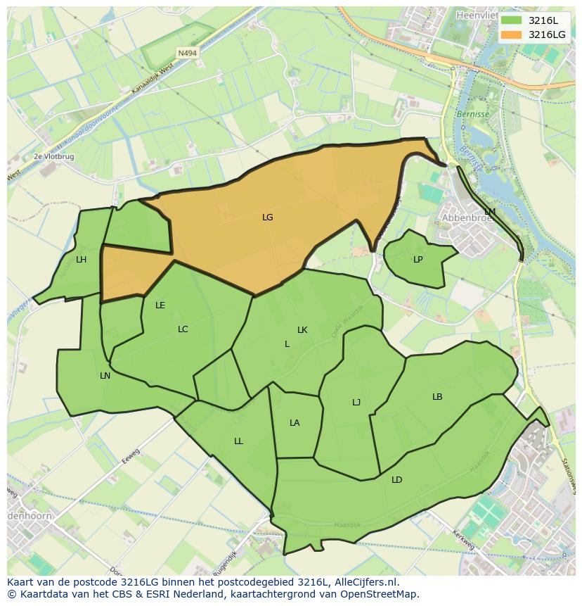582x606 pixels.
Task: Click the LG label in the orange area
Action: (x=267, y=217)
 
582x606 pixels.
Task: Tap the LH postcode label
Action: (x=82, y=260)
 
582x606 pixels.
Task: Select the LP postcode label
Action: (x=418, y=260)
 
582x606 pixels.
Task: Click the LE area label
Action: (x=160, y=305)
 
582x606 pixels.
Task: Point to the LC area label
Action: (x=183, y=329)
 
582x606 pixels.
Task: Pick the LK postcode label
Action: (x=302, y=330)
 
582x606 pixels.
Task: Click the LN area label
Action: (x=105, y=376)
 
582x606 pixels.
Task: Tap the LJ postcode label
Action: (x=356, y=403)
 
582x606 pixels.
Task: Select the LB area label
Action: (x=437, y=397)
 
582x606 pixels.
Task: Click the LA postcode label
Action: (x=295, y=423)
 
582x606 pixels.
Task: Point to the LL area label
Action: (x=238, y=441)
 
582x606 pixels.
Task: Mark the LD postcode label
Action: (x=397, y=480)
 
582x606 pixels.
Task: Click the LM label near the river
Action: (x=490, y=212)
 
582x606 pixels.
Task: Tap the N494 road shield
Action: (x=187, y=53)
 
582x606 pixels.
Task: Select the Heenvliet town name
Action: (x=476, y=14)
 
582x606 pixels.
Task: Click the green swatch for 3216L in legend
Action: (x=512, y=20)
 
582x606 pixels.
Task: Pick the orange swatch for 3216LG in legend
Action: (x=512, y=34)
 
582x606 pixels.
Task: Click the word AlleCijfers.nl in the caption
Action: (x=364, y=583)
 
